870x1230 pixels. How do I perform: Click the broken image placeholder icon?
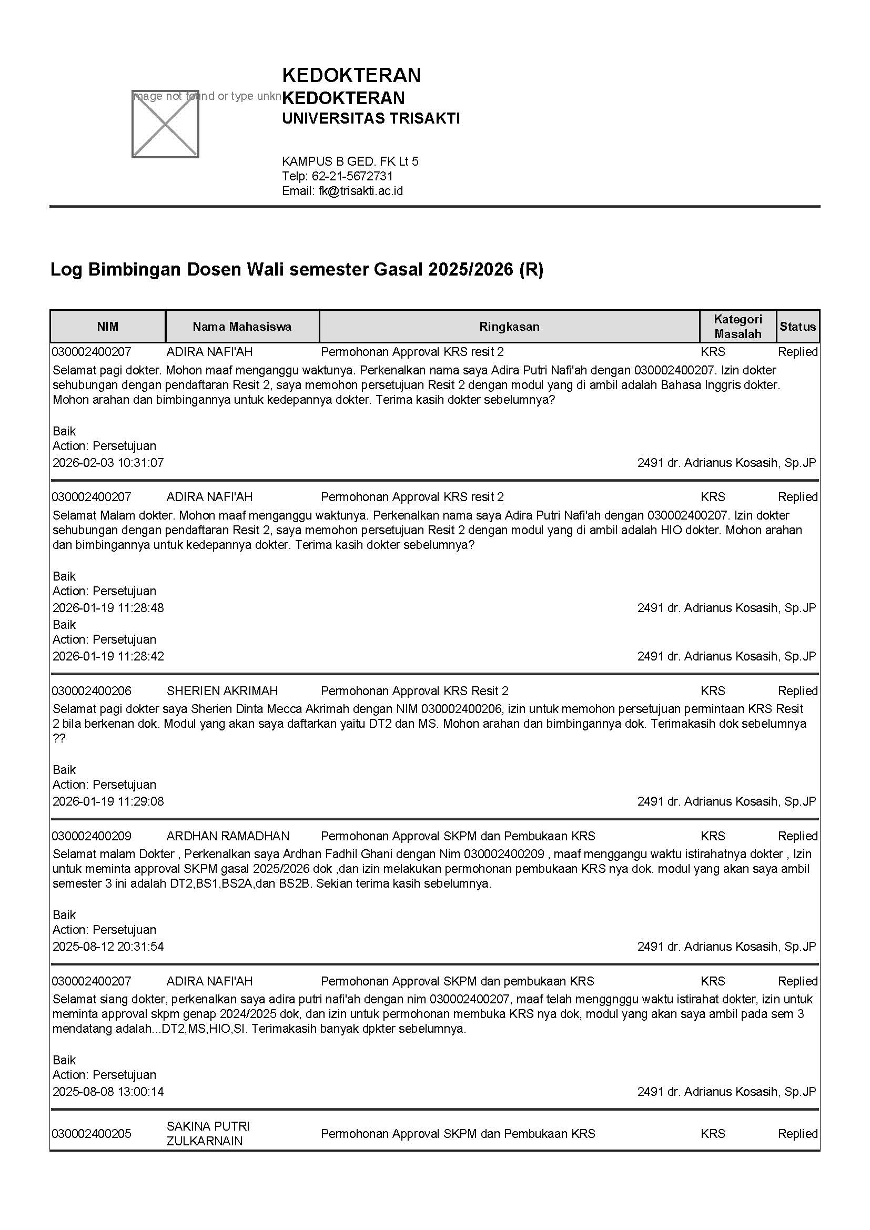tap(165, 124)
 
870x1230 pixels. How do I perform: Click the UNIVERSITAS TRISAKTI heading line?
tap(371, 118)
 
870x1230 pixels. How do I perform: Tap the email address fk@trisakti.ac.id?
tap(360, 191)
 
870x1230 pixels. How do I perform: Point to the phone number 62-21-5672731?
tap(352, 176)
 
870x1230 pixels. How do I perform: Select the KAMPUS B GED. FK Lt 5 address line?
tap(350, 161)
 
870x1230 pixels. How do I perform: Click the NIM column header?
tap(108, 326)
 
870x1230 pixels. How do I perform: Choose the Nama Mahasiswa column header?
tap(242, 326)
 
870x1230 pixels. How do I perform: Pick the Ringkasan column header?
tap(509, 326)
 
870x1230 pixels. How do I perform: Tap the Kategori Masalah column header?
tap(737, 326)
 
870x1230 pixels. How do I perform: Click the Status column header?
tap(797, 326)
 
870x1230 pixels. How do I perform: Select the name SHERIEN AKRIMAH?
tap(222, 690)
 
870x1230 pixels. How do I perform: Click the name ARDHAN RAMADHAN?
tap(228, 836)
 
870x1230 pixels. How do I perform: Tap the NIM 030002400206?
tap(92, 690)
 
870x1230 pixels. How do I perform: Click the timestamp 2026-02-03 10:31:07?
tap(108, 462)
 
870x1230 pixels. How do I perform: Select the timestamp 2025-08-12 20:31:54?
tap(108, 946)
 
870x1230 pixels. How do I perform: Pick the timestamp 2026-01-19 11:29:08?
tap(108, 801)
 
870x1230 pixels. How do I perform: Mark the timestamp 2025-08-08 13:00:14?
tap(108, 1091)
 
